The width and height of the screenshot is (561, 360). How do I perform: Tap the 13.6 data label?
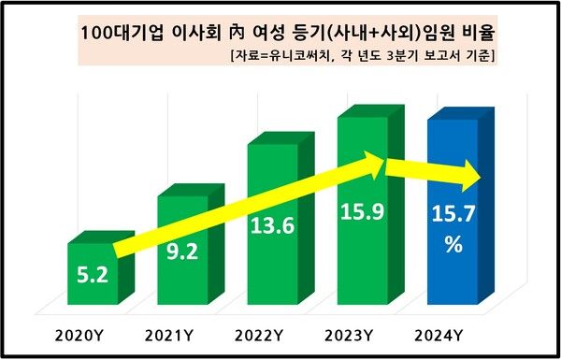[271, 226]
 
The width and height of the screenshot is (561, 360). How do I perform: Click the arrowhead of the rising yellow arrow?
[374, 162]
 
